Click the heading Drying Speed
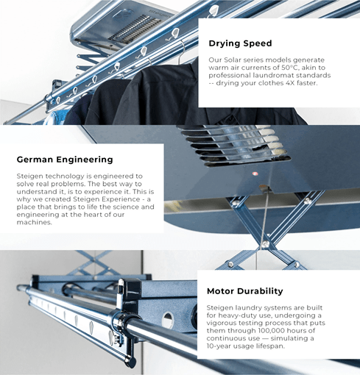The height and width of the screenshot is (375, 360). [x=240, y=43]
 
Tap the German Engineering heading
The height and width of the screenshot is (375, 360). [x=65, y=160]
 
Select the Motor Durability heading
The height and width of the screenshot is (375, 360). [x=245, y=291]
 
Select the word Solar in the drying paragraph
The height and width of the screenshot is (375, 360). [x=230, y=60]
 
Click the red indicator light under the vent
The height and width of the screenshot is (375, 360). [x=255, y=174]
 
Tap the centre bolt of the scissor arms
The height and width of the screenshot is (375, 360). [x=265, y=244]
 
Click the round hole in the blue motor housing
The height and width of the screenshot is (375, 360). [x=168, y=320]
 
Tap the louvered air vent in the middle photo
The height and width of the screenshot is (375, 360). [x=236, y=146]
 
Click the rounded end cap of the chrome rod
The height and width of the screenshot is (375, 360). [x=21, y=287]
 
